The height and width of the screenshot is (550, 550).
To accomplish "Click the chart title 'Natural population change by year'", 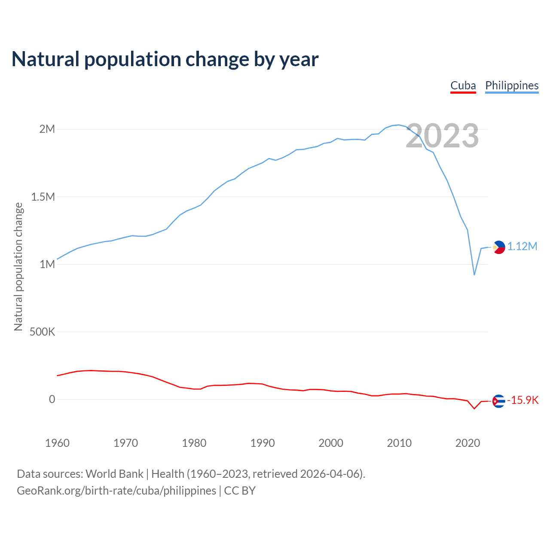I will [165, 59].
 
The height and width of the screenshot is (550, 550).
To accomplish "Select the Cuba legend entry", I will [463, 86].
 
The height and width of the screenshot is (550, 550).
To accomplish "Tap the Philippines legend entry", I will [512, 86].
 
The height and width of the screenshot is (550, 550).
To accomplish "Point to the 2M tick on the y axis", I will [47, 129].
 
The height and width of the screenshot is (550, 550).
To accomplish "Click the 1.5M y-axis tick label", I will [43, 197].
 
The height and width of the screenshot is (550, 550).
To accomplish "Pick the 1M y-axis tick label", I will [47, 264].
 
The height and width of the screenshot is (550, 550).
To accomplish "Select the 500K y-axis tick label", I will [42, 332].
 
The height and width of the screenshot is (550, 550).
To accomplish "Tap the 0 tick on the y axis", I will [52, 399].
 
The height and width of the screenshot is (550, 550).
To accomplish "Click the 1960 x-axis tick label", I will [57, 443].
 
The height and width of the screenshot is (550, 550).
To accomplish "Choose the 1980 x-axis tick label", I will [194, 443].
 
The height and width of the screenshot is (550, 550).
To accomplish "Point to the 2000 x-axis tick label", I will [331, 443].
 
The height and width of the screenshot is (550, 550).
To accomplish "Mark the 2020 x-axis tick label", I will [467, 443].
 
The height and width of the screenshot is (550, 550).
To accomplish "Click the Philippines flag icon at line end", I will [499, 247].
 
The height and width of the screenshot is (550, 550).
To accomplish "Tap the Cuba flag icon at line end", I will [498, 401].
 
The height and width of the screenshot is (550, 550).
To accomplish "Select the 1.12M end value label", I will [522, 247].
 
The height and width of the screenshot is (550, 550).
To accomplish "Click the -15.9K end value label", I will [523, 400].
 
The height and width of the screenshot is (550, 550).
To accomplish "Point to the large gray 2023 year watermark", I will [442, 136].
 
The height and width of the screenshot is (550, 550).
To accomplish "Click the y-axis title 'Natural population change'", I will [18, 267].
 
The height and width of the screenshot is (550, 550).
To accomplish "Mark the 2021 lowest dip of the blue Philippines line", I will [474, 275].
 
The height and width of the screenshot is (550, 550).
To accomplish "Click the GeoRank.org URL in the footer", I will [116, 491].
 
